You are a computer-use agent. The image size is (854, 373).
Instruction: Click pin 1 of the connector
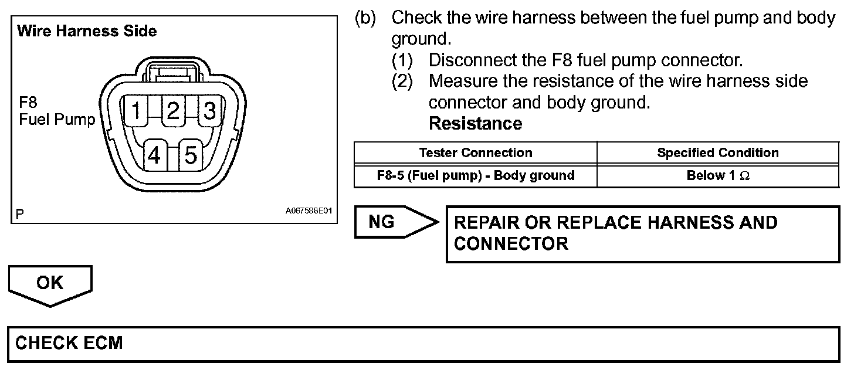(x=136, y=110)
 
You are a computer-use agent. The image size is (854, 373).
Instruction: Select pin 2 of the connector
(x=173, y=110)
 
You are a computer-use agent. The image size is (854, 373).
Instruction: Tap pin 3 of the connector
(x=210, y=110)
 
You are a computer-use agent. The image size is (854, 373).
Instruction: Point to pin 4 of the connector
(x=155, y=155)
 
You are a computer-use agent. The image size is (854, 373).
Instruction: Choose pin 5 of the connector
(x=191, y=155)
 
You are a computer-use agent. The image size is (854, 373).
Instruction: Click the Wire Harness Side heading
(x=87, y=31)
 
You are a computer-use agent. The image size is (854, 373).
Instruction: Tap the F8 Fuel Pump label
(x=56, y=111)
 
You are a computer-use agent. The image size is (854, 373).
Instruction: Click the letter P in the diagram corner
(x=20, y=215)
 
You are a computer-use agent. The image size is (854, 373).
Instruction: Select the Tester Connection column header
(x=476, y=152)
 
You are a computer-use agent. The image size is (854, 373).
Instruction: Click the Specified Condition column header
(x=718, y=152)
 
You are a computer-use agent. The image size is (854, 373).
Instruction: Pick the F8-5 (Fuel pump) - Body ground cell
(x=476, y=175)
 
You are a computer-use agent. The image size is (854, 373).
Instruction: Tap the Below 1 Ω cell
(x=718, y=175)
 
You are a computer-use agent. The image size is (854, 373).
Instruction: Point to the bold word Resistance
(x=475, y=124)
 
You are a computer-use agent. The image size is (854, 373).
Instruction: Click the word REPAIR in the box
(x=486, y=223)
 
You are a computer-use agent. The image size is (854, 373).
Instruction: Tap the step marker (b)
(x=365, y=18)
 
